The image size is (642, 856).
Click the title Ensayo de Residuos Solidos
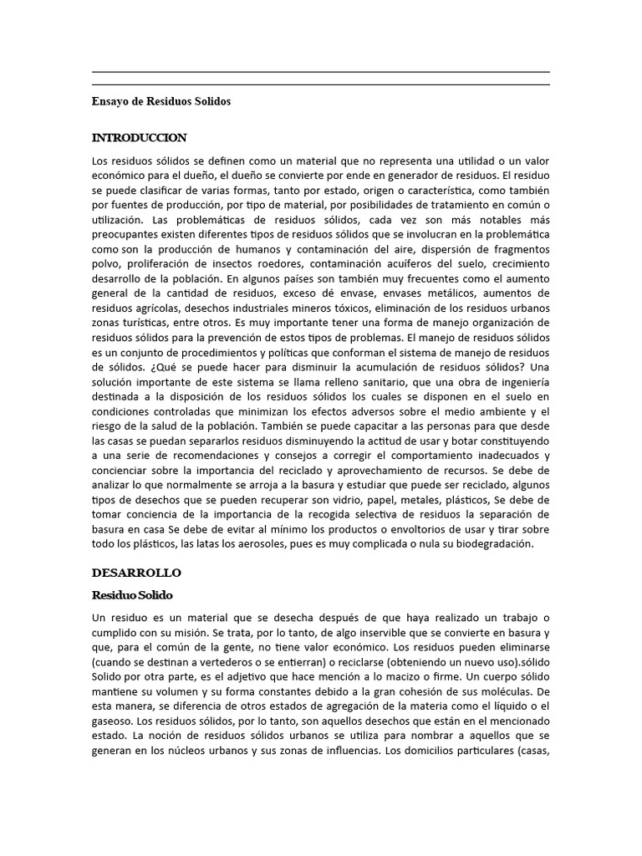[160, 101]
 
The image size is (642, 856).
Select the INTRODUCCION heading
[139, 137]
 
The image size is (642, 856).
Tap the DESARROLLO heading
[136, 573]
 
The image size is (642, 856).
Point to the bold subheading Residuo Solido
[131, 594]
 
